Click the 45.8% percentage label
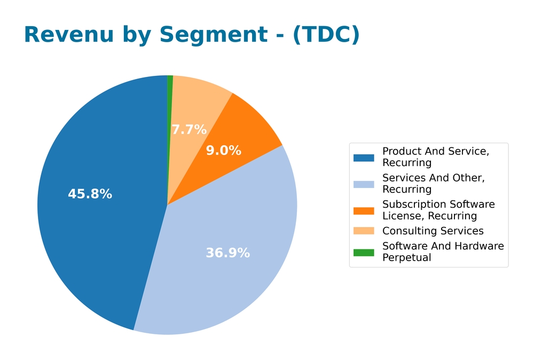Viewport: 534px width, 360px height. coord(90,194)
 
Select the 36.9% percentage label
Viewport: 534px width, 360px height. coord(227,253)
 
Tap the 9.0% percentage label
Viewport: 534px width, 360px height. coord(223,151)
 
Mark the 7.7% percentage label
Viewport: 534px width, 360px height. coord(189,130)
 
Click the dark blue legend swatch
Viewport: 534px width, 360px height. coord(364,158)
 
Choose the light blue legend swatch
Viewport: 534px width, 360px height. coord(364,184)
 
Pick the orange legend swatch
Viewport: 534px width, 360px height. coord(364,210)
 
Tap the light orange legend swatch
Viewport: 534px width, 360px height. coord(364,231)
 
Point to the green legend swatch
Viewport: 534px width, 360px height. coord(364,252)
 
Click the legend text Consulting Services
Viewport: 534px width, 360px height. coord(433,231)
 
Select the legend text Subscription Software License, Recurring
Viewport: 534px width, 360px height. coord(438,210)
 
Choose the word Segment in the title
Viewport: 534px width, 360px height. coord(213,35)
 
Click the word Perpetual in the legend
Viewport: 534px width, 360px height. coord(406,257)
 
